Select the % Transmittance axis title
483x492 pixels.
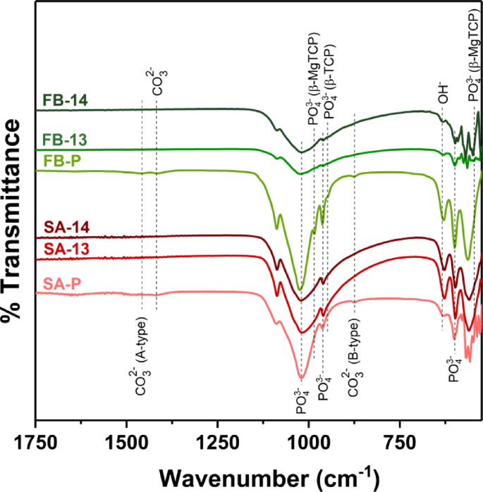tap(16, 226)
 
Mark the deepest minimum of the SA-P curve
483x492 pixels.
tap(302, 378)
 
